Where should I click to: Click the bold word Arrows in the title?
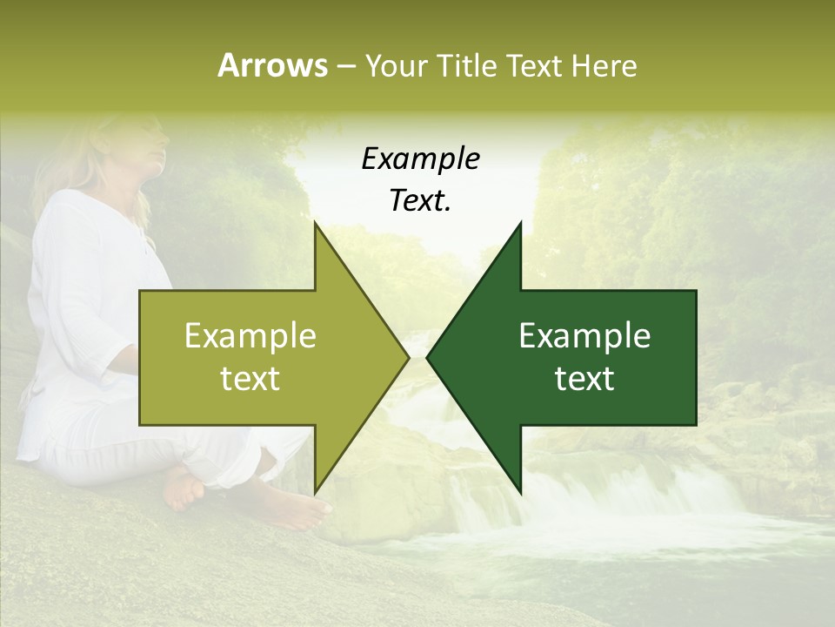point(272,65)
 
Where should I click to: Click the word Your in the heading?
point(397,65)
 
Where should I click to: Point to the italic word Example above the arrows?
point(420,159)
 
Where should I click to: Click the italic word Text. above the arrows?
point(420,201)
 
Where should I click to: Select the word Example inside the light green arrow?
point(250,336)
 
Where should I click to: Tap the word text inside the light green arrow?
point(250,379)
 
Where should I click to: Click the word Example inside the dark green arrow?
point(584,336)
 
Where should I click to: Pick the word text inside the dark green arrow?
point(584,379)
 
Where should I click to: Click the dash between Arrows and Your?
point(345,67)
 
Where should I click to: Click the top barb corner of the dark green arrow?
point(520,226)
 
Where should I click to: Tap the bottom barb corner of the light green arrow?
point(315,490)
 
